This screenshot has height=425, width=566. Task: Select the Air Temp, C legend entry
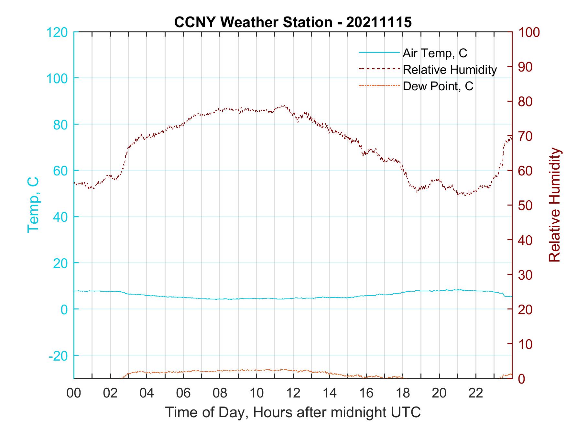pos(434,53)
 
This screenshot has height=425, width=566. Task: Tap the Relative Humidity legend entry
pos(449,70)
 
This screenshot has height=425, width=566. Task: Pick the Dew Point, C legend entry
pos(438,86)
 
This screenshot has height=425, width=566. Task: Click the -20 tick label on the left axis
pos(58,355)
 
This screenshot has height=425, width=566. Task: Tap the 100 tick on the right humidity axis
pos(529,32)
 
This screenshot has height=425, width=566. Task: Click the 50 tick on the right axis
pos(525,206)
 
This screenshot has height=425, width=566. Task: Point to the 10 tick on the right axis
pos(525,344)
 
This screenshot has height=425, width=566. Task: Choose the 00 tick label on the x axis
pos(74,393)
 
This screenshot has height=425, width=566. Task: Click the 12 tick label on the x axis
pos(293,393)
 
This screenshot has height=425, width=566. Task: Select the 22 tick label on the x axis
pos(476,393)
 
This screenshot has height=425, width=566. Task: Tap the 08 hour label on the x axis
pos(220,393)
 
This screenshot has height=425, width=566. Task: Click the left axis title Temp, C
pos(33,205)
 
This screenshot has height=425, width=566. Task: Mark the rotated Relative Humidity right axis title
pos(554,205)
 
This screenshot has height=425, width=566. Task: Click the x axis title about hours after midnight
pos(293,412)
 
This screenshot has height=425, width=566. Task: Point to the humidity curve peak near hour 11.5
pos(284,106)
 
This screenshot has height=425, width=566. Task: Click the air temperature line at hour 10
pos(256,298)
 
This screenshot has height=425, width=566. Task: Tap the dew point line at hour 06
pos(183,372)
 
